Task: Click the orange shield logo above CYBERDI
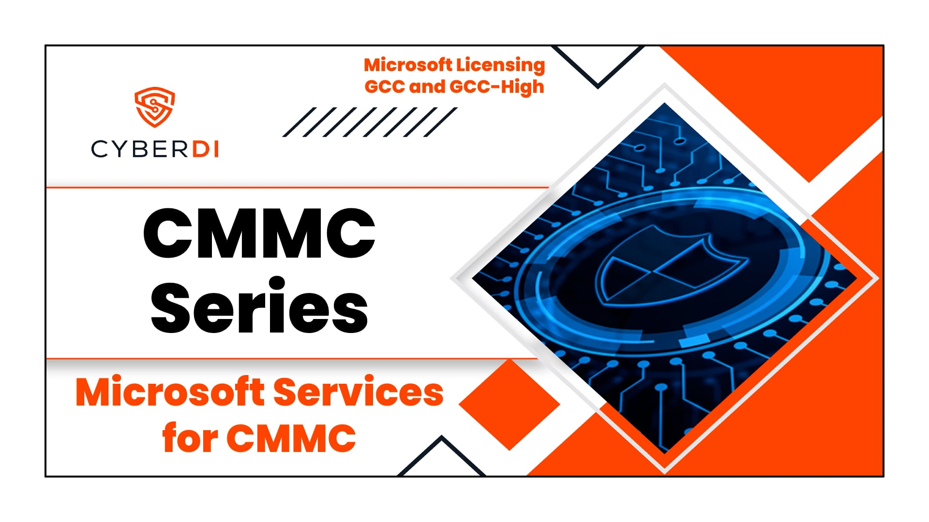tap(154, 107)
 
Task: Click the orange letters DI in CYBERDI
tap(206, 149)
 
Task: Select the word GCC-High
tap(497, 87)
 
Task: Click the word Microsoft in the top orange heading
tap(408, 65)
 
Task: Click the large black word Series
tap(259, 306)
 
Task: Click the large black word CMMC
tap(259, 234)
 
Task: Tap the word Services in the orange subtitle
tap(359, 392)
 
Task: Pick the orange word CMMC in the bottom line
tap(291, 438)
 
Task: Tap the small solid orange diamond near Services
tap(509, 405)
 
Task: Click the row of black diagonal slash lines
tap(370, 122)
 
